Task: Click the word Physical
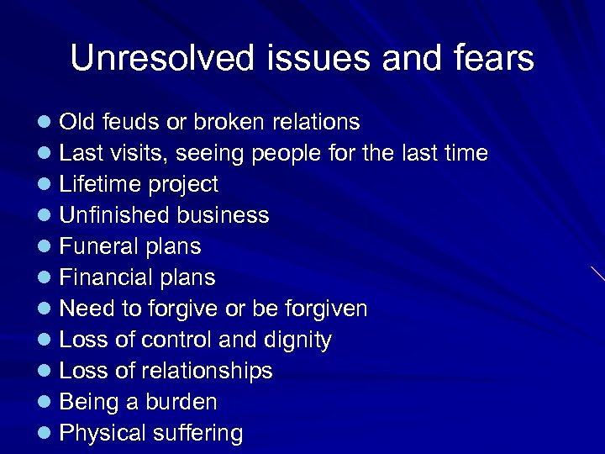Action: pos(103,433)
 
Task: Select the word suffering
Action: pos(198,433)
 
